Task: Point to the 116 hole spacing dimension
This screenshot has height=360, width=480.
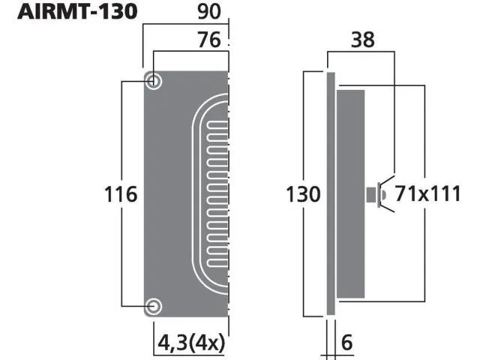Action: click(x=121, y=195)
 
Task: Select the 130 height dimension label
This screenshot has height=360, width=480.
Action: click(x=304, y=195)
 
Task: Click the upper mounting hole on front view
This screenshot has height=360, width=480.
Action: click(x=153, y=81)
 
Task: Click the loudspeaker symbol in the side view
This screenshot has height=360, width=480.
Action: click(x=376, y=195)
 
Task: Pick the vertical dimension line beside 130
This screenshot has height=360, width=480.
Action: click(x=304, y=135)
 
